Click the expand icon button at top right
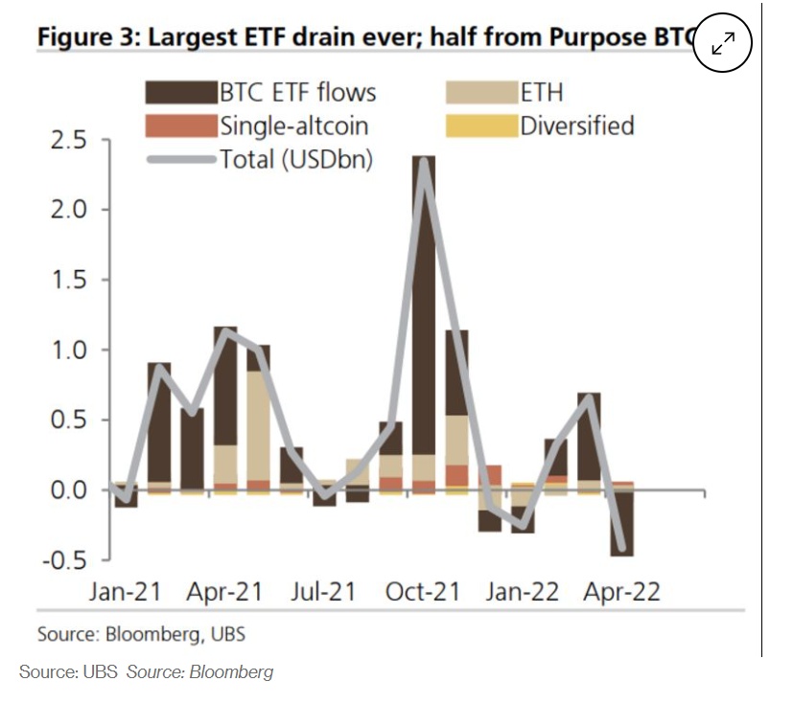(x=722, y=43)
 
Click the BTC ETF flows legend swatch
(x=179, y=92)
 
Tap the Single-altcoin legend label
(x=293, y=125)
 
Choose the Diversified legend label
(x=576, y=125)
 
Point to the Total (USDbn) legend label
(x=296, y=159)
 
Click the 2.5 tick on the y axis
(x=67, y=141)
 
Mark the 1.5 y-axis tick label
(x=67, y=280)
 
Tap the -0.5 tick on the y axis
(x=63, y=559)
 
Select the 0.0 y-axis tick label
(x=67, y=490)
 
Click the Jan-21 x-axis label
(x=125, y=591)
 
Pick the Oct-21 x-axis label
(x=423, y=591)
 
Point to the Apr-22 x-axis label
(x=620, y=591)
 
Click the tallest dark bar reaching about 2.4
(x=423, y=287)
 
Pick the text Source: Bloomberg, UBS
(x=142, y=634)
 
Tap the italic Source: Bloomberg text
(x=199, y=671)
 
